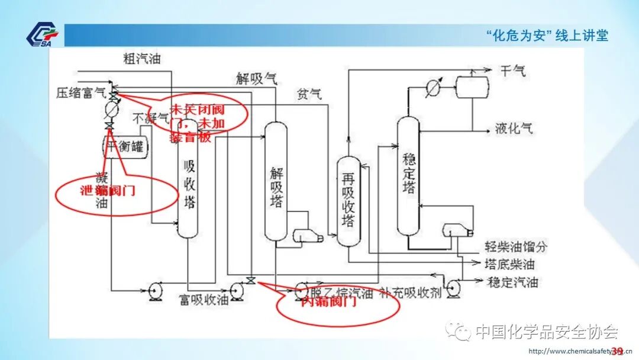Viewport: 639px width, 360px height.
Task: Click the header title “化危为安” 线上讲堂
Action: pyautogui.click(x=547, y=36)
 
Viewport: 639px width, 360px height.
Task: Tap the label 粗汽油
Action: pyautogui.click(x=142, y=59)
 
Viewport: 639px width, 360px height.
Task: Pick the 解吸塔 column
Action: pyautogui.click(x=276, y=181)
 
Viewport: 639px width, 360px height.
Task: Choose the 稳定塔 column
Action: pyautogui.click(x=408, y=175)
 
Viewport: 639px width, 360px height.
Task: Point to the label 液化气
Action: pyautogui.click(x=514, y=128)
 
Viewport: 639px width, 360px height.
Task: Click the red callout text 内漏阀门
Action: pyautogui.click(x=328, y=303)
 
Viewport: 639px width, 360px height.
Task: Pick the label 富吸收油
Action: pyautogui.click(x=204, y=300)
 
